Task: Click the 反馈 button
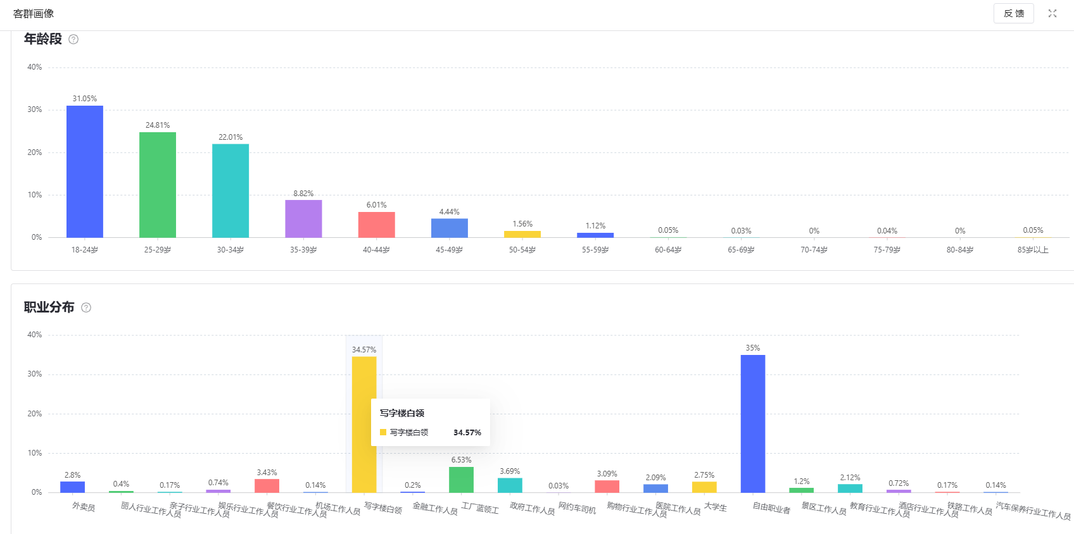1013,13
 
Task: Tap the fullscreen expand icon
1052,13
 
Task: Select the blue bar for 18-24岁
85,171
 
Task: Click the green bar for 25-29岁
158,185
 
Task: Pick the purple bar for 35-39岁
303,219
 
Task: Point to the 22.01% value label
231,137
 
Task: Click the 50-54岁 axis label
522,250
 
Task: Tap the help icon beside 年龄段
73,39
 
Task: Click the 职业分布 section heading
49,307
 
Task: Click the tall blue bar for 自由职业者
753,424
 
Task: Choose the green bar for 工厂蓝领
461,480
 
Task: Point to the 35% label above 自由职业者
753,348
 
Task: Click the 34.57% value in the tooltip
467,433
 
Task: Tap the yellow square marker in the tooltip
383,433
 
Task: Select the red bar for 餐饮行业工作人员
267,486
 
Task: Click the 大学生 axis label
716,507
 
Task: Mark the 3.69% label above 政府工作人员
510,471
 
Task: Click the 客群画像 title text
34,14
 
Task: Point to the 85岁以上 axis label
1033,250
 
